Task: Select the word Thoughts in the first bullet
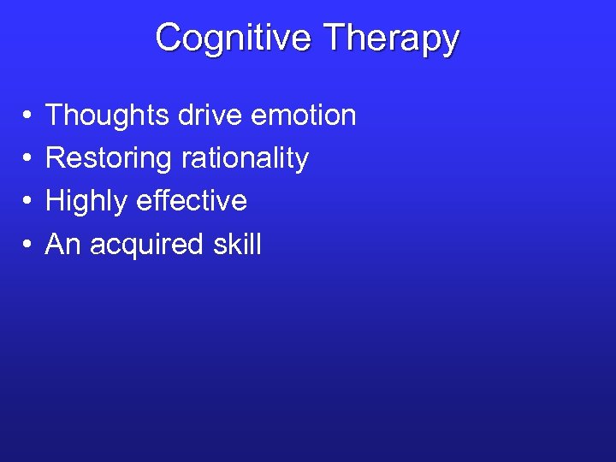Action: tap(108, 115)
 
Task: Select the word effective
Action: tap(193, 201)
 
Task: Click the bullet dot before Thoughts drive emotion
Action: tap(28, 115)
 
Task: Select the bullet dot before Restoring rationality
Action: tap(28, 159)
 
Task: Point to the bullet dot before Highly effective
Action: tap(28, 202)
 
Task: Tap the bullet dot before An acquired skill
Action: tap(28, 246)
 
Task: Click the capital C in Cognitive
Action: tap(169, 38)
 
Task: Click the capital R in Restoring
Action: tap(55, 158)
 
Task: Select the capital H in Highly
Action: tap(55, 201)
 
